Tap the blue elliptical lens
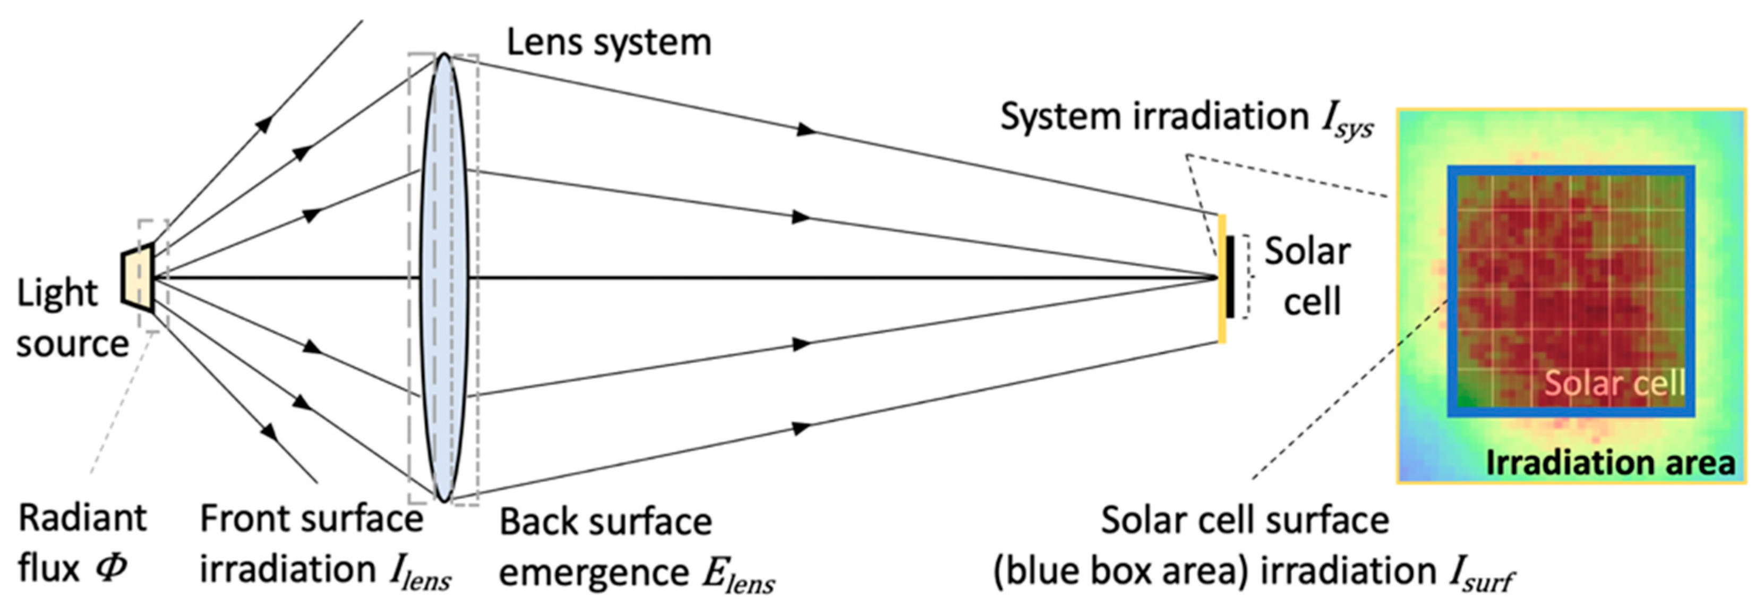click(444, 277)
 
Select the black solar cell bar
click(1230, 277)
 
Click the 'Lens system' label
click(608, 42)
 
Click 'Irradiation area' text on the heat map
click(1610, 464)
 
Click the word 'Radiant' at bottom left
click(82, 518)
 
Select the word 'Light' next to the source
click(57, 294)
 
